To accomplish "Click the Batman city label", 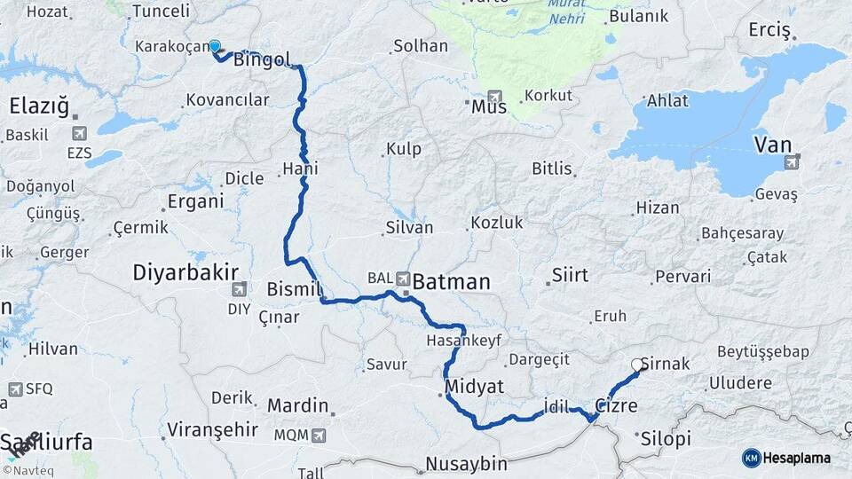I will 452,282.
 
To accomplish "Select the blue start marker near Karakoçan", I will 214,46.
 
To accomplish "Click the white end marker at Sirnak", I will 637,364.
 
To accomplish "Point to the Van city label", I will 772,144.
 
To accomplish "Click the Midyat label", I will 476,387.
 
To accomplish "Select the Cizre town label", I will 616,405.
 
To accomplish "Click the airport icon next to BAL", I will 405,278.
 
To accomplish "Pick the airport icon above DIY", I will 239,289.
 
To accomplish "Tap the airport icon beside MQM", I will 318,436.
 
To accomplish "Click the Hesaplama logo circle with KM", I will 752,458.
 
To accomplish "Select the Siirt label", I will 570,274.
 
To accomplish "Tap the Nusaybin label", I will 465,463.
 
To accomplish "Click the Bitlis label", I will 552,168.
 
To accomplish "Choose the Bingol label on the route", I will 263,60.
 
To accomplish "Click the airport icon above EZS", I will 80,134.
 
